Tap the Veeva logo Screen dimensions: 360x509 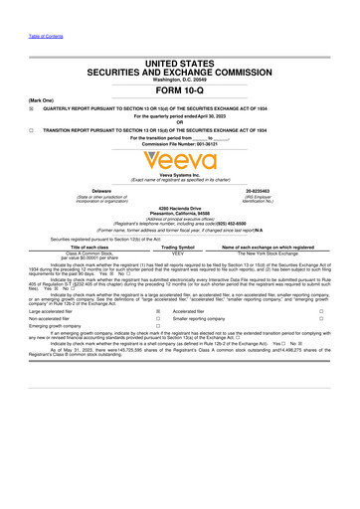tap(180, 160)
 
